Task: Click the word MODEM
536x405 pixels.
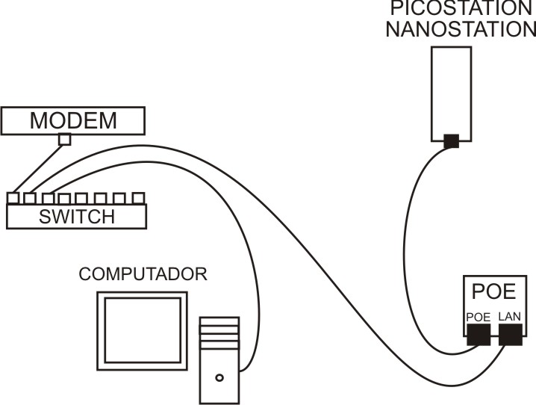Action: (x=73, y=120)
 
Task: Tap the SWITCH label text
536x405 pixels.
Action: (x=77, y=217)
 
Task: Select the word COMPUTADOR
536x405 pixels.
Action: (x=143, y=274)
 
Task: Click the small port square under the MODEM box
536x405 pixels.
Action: (x=65, y=139)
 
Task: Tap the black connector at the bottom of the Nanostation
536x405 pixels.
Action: (x=450, y=140)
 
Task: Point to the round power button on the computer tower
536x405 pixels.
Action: (x=219, y=377)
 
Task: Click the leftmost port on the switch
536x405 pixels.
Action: (x=13, y=198)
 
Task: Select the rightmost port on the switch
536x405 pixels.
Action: (x=138, y=198)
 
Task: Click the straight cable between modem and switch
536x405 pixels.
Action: (x=39, y=168)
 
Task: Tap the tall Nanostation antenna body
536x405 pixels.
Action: (x=451, y=90)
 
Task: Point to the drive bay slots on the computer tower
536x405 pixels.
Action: (x=219, y=333)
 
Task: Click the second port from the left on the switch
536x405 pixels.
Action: (x=30, y=198)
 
